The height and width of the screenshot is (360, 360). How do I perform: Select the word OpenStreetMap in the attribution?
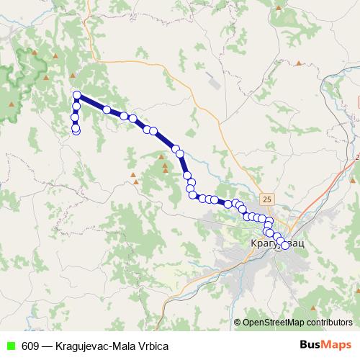coord(274,322)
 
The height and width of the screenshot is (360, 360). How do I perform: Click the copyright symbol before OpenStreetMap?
coord(238,322)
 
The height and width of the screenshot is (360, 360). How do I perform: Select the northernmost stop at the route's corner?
coord(76,95)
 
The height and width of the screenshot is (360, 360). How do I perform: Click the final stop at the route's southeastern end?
coord(285,246)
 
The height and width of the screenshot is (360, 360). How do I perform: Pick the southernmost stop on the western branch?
coord(76,130)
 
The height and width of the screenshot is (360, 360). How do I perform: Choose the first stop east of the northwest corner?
coord(107,109)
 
